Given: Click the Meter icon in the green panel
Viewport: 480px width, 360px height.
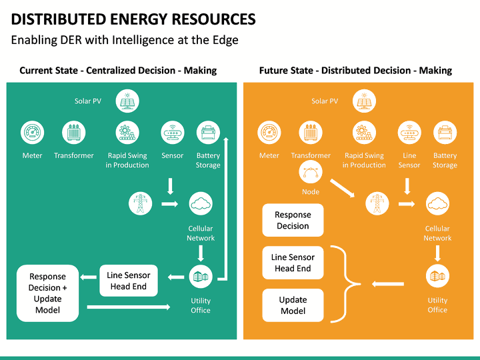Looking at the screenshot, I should [x=32, y=133].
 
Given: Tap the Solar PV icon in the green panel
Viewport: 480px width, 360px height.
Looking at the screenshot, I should [x=127, y=101].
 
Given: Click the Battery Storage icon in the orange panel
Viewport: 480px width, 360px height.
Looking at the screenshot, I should [x=445, y=133].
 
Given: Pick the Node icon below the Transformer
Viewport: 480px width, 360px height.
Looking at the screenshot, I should [x=311, y=174].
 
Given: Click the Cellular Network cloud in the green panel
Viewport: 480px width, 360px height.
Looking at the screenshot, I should [x=201, y=203].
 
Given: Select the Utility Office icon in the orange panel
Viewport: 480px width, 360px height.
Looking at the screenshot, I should [x=437, y=276].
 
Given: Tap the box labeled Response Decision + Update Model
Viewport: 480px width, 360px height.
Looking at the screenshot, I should [x=47, y=293].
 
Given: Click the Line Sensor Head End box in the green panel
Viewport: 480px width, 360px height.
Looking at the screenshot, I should [x=129, y=281].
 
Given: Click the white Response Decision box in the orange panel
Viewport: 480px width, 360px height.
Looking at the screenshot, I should [x=293, y=220].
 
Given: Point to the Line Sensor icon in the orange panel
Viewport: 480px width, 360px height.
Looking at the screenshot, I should [x=409, y=133].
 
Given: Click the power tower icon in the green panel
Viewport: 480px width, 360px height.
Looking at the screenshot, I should [x=141, y=203].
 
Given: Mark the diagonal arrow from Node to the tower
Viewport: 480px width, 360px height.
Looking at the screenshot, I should [x=343, y=188].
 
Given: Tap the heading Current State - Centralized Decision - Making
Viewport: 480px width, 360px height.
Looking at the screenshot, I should [x=118, y=70].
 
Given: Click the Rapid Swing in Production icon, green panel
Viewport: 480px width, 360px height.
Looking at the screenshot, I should [x=127, y=133].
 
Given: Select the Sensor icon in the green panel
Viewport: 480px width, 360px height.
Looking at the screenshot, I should [x=172, y=133].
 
